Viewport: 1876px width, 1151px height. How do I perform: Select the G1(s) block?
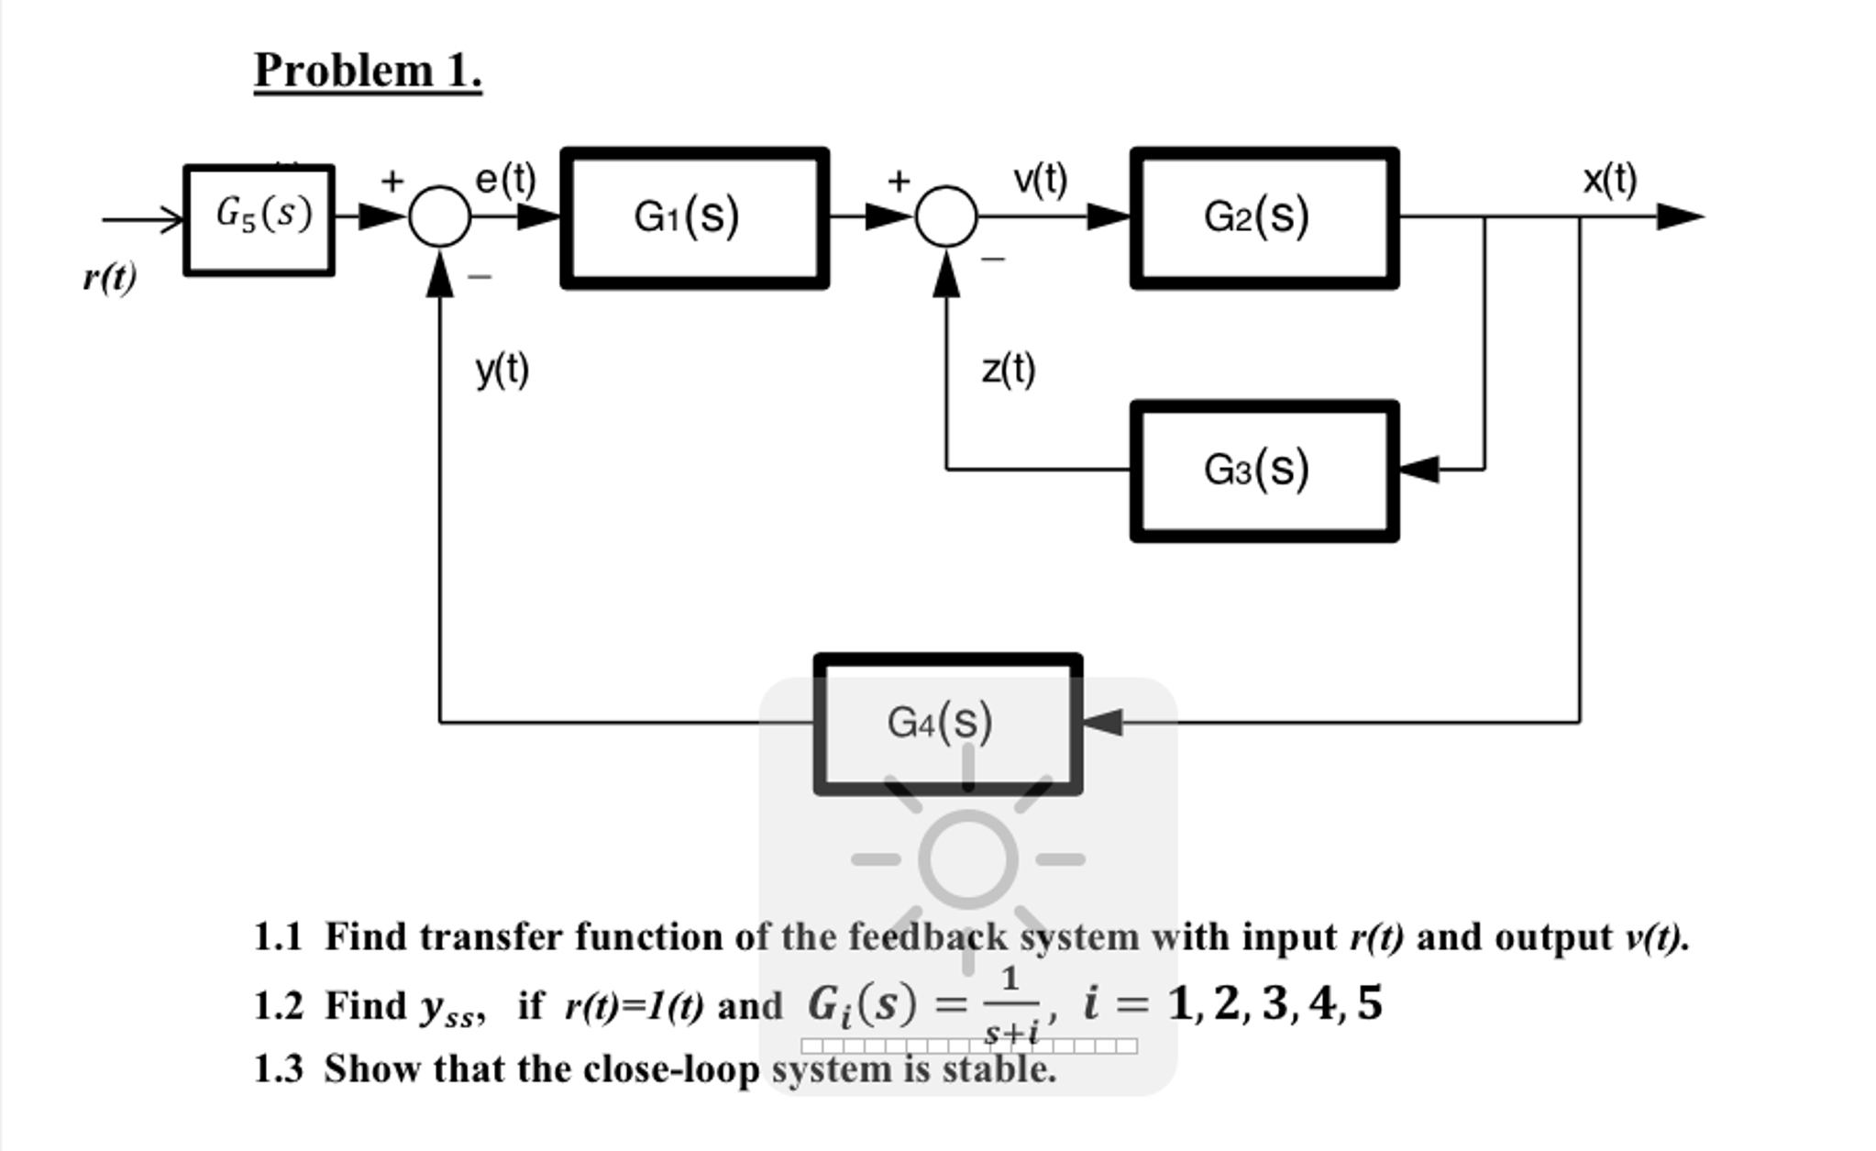click(x=694, y=218)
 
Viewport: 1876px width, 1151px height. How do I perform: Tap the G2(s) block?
click(x=1264, y=218)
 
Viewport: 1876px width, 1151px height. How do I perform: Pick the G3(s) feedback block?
click(x=1264, y=470)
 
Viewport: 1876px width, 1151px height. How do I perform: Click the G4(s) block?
click(x=947, y=724)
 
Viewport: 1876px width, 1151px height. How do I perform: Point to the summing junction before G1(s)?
click(x=440, y=217)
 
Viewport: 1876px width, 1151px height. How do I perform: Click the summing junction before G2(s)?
click(x=946, y=217)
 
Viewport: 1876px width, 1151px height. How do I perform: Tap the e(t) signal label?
click(x=505, y=179)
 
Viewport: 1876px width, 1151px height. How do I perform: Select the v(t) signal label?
click(x=1040, y=179)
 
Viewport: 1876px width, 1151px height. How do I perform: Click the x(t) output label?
click(x=1609, y=179)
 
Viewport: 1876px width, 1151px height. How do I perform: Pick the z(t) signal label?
click(x=1008, y=370)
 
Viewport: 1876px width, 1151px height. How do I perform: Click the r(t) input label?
click(x=109, y=276)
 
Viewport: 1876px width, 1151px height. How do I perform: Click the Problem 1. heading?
click(x=367, y=71)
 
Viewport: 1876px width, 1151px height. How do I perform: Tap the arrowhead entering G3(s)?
click(x=1418, y=470)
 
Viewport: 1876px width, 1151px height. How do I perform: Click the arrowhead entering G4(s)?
click(x=1102, y=723)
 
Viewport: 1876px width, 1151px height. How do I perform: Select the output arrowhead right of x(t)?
click(x=1680, y=217)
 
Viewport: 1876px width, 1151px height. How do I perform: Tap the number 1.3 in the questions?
click(x=277, y=1069)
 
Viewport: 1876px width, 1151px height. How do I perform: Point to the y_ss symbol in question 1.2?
click(x=450, y=1009)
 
